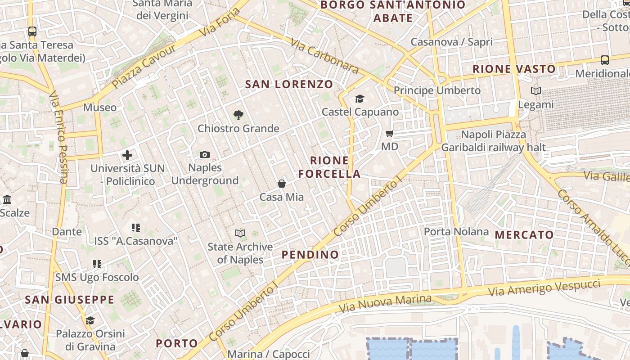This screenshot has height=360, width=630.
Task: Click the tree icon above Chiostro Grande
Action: [x=238, y=115]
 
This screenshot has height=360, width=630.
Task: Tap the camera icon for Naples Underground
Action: [x=205, y=155]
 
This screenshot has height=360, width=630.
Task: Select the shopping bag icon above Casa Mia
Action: [x=282, y=184]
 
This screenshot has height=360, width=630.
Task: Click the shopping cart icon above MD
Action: [x=390, y=133]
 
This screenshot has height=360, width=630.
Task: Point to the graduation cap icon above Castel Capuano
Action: [x=360, y=99]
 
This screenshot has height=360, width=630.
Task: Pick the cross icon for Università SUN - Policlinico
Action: [x=127, y=156]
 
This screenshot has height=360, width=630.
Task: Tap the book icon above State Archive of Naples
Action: [x=240, y=233]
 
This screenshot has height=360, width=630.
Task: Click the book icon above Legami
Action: [x=535, y=91]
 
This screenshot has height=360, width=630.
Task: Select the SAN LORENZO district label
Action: [x=289, y=84]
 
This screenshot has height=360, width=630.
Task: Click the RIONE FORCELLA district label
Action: [x=329, y=167]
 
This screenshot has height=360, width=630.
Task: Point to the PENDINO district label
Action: [x=310, y=255]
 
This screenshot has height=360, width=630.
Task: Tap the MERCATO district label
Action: [x=524, y=235]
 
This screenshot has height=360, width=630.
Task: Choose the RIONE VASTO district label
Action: [x=514, y=69]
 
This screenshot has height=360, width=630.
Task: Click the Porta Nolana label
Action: [x=456, y=232]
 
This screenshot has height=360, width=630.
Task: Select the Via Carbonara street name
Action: [x=324, y=56]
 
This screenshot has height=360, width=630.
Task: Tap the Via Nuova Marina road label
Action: [x=385, y=304]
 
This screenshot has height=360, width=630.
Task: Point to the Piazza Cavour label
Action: [x=144, y=67]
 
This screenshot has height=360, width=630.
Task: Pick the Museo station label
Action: [x=100, y=108]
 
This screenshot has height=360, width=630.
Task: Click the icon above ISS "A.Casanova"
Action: [x=135, y=228]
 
